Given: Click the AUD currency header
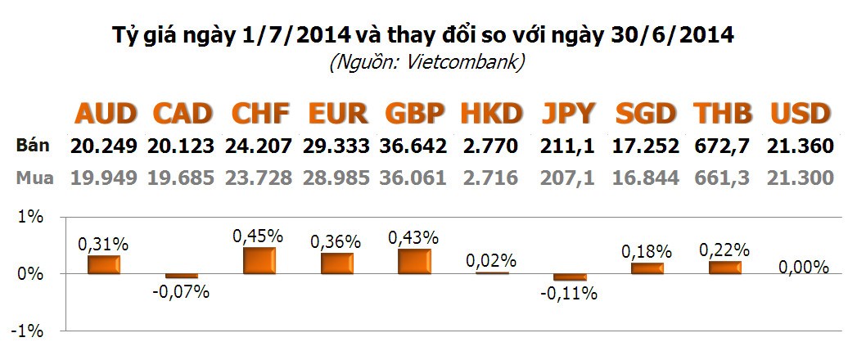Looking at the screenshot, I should pyautogui.click(x=106, y=113).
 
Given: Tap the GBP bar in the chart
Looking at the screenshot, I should pyautogui.click(x=414, y=261).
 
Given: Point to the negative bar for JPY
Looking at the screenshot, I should pyautogui.click(x=570, y=277).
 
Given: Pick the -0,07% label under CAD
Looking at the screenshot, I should pyautogui.click(x=182, y=291).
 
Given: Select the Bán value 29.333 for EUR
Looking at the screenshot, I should pyautogui.click(x=335, y=147).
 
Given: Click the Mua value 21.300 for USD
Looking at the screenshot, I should pyautogui.click(x=801, y=178).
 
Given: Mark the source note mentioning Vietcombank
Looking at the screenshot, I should pyautogui.click(x=426, y=62).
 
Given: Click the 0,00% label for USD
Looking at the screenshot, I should pyautogui.click(x=803, y=267).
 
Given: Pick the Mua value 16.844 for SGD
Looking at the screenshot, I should pyautogui.click(x=646, y=178).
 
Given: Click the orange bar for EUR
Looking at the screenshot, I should pyautogui.click(x=336, y=263).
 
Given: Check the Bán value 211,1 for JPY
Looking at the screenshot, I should pyautogui.click(x=567, y=147).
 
